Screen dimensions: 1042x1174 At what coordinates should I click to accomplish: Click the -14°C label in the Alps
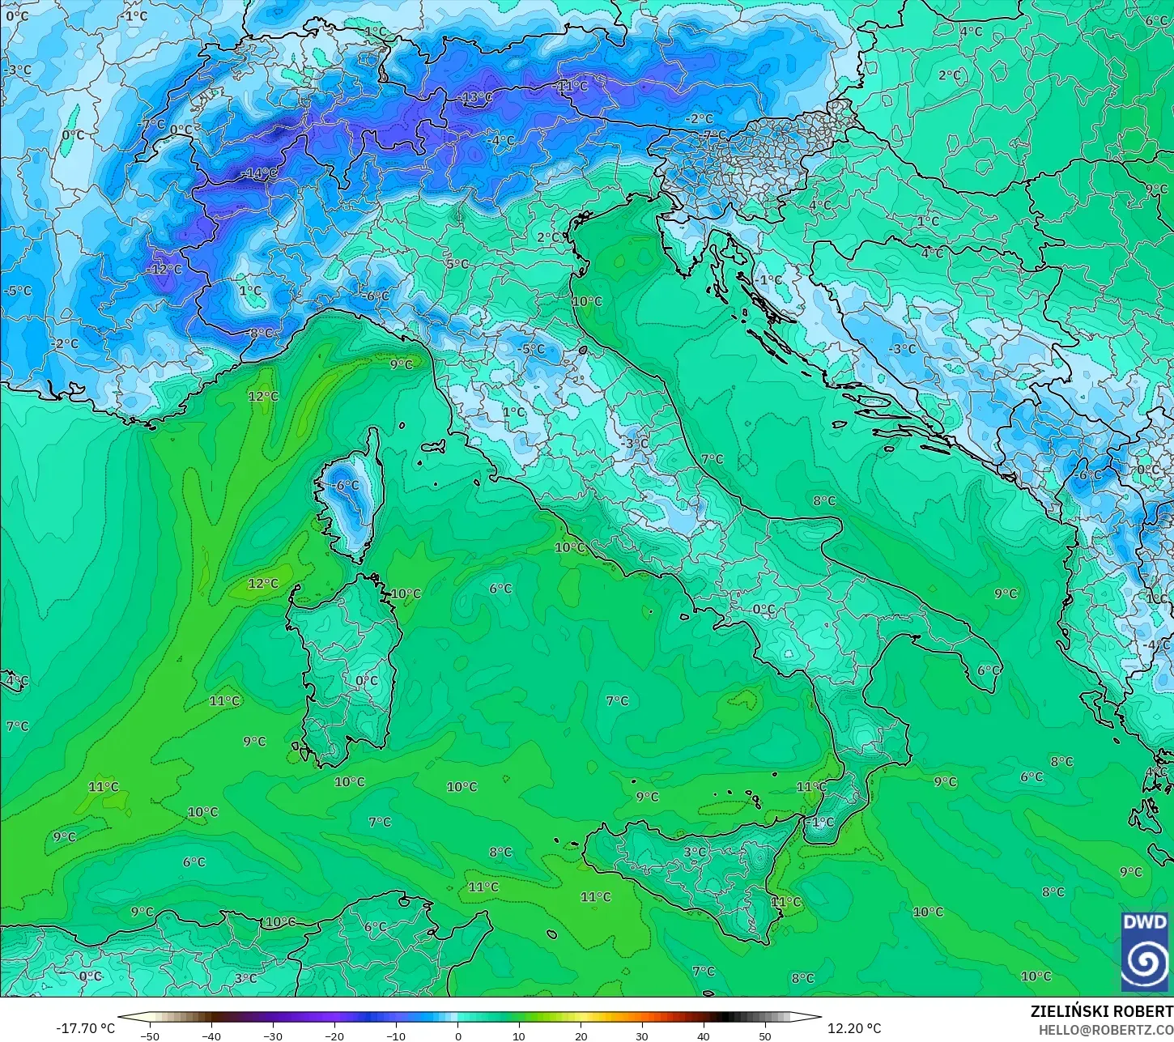(260, 173)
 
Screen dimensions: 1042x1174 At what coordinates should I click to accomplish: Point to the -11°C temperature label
(571, 86)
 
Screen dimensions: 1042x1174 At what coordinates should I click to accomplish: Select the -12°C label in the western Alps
(166, 269)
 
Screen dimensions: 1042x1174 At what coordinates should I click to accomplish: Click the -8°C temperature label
(260, 333)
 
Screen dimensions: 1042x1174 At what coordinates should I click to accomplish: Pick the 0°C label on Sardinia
(367, 681)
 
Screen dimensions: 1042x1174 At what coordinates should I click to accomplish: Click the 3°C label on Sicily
(695, 852)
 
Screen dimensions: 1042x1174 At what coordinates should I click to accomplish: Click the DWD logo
(1145, 951)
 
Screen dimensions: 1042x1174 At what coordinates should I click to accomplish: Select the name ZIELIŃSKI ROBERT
(1101, 1011)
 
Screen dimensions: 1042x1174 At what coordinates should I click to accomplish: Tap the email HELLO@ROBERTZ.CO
(1106, 1029)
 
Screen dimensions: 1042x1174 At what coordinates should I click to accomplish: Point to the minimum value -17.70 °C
(85, 1028)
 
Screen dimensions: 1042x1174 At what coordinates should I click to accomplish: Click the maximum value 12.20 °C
(854, 1028)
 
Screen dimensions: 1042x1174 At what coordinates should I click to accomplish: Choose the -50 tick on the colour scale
(150, 1036)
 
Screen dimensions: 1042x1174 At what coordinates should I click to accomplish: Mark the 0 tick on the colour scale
(457, 1036)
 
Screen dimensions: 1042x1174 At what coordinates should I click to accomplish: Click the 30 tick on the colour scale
(642, 1036)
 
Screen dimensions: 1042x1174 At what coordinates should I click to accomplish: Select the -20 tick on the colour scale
(334, 1036)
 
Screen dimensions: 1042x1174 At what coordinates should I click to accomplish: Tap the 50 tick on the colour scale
(765, 1036)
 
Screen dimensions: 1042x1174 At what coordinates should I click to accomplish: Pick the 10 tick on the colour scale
(519, 1036)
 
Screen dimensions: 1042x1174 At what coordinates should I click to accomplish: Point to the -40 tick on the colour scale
(211, 1036)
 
